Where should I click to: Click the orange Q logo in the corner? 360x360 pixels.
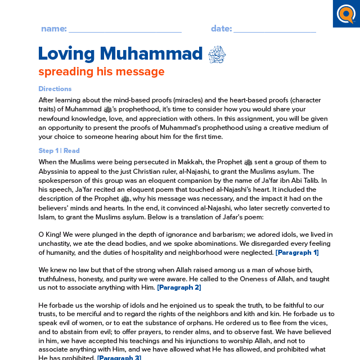coord(346,14)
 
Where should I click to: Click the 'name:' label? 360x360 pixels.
coord(53,29)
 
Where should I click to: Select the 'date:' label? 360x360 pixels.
coord(221,29)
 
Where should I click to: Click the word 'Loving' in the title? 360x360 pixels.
coord(66,54)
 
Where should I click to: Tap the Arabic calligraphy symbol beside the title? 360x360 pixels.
coord(217,55)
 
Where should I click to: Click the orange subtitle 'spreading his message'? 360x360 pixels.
coord(101,72)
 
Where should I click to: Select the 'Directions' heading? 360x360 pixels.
coord(55,89)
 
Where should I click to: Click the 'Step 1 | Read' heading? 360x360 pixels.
coord(59,151)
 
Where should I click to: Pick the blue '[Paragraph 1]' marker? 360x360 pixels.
coord(297,253)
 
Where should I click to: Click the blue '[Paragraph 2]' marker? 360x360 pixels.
coord(179,287)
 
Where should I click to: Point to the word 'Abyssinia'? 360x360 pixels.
coord(55,172)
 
